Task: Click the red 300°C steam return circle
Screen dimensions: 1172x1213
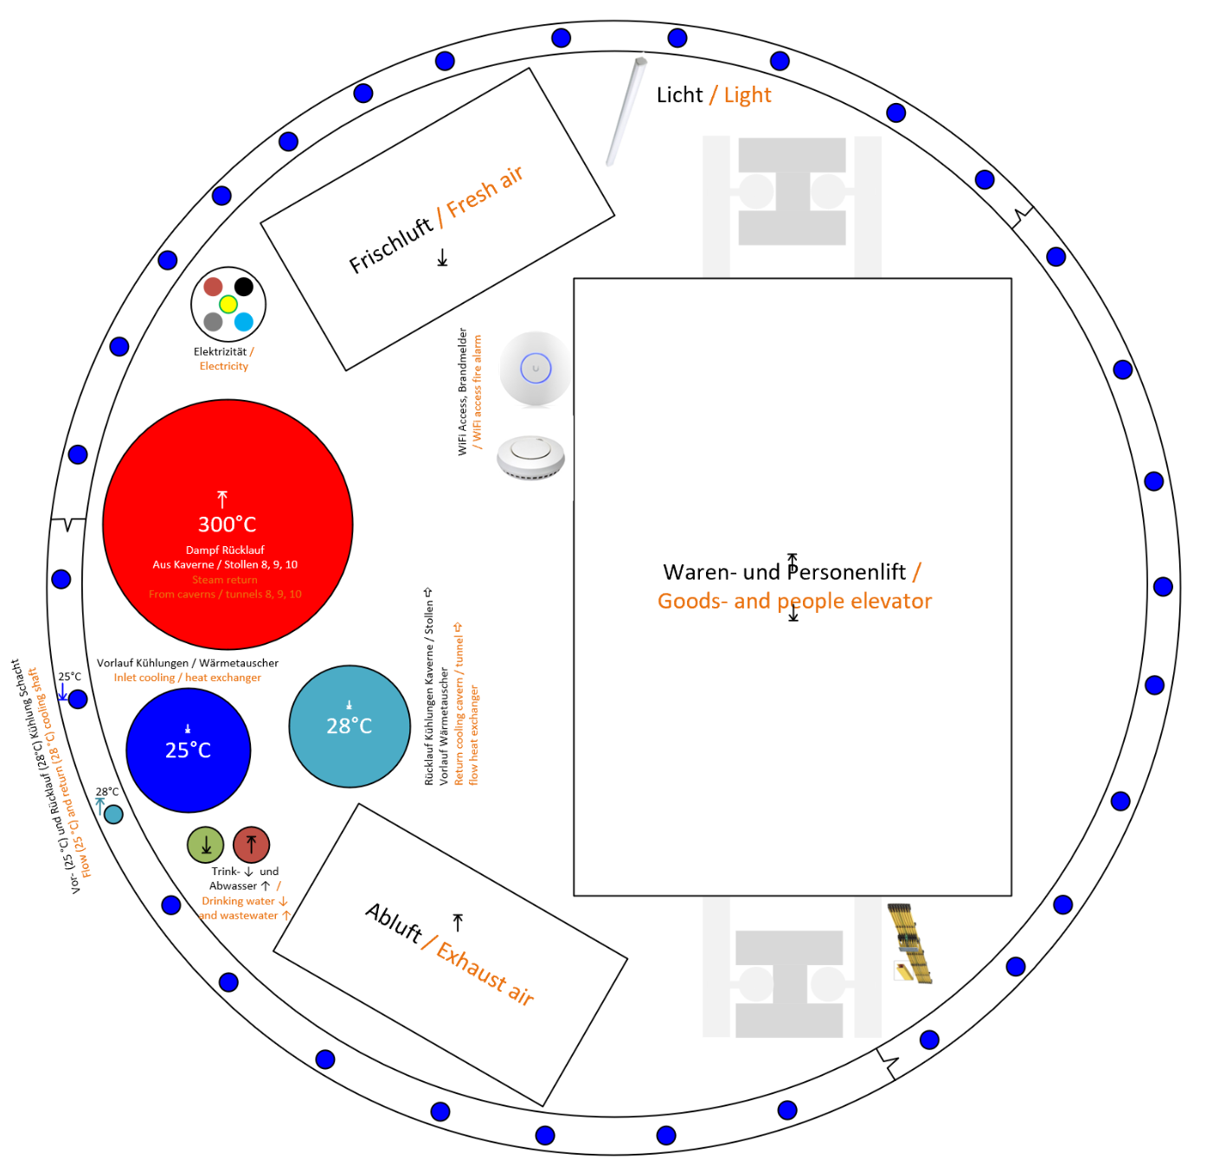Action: [228, 525]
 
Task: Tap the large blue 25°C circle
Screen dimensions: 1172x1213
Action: [189, 750]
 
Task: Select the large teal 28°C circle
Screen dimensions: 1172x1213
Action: [350, 726]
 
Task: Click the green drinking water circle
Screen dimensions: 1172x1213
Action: [206, 845]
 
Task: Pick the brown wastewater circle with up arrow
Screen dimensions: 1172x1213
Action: [251, 845]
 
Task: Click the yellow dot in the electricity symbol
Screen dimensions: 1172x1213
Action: [228, 304]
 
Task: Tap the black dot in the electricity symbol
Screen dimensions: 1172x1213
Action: [244, 287]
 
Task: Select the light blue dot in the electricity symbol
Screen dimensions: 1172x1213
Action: [244, 322]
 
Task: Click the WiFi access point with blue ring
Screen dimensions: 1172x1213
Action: [536, 369]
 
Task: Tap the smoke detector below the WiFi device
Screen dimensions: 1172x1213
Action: [530, 456]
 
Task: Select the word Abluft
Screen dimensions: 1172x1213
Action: [394, 923]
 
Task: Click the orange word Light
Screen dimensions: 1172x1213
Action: [748, 95]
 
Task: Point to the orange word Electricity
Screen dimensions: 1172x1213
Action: [224, 366]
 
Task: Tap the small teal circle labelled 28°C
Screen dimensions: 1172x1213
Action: [113, 815]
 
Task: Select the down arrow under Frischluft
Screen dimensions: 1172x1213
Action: [442, 258]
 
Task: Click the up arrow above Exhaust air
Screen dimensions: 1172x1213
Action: [458, 923]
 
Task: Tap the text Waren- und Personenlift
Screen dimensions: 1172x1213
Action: [784, 572]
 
